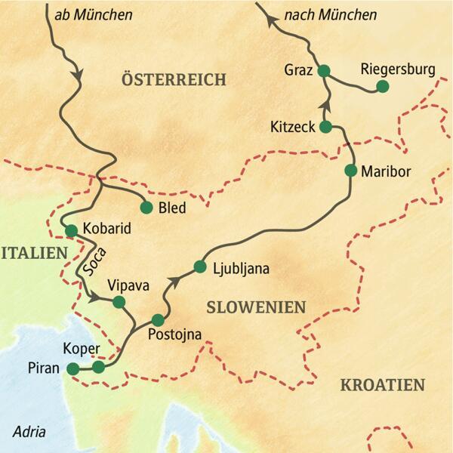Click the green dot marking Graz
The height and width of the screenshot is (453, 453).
click(x=324, y=71)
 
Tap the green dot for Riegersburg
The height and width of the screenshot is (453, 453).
click(x=382, y=87)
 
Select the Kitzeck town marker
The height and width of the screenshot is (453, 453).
click(x=326, y=126)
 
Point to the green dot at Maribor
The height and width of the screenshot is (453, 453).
click(x=350, y=170)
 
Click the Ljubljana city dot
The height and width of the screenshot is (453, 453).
click(x=200, y=267)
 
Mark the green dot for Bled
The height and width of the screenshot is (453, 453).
click(x=146, y=207)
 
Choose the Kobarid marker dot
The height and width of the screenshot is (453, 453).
click(x=72, y=230)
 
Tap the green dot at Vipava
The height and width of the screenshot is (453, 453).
click(x=119, y=302)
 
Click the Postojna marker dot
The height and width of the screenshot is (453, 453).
click(x=158, y=319)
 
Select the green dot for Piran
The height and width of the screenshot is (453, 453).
click(x=72, y=368)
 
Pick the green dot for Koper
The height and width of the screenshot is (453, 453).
click(x=98, y=367)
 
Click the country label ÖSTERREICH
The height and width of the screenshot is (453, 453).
click(x=174, y=79)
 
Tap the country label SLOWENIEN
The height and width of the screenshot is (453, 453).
click(x=256, y=307)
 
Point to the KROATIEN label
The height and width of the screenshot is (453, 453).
click(x=382, y=385)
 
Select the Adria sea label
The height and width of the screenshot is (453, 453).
click(x=29, y=433)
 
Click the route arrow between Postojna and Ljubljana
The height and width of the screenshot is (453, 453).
click(x=175, y=281)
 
